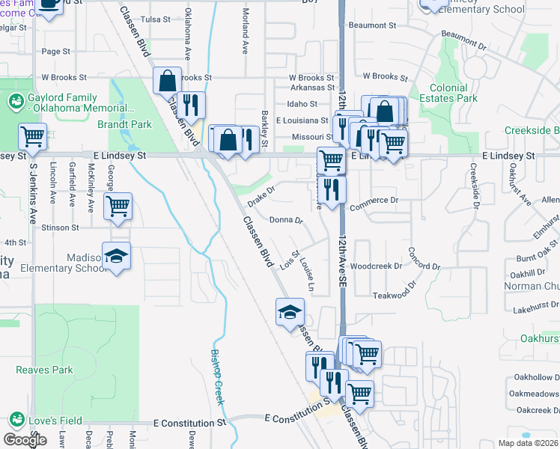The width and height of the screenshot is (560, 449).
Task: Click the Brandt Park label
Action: coord(130,124)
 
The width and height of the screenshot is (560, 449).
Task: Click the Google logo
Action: coord(25,439)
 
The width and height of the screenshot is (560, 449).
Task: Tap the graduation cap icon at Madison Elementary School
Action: coord(116,257)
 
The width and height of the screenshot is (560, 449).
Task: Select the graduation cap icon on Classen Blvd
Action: coord(290,311)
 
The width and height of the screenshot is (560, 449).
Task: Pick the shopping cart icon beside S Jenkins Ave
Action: coord(32,135)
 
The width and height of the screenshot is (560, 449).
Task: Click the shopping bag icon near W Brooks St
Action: coord(168,79)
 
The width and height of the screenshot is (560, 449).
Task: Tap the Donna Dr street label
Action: coord(285,221)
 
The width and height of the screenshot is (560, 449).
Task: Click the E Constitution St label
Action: coord(189,423)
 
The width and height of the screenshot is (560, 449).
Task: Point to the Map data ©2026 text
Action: coord(528,443)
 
